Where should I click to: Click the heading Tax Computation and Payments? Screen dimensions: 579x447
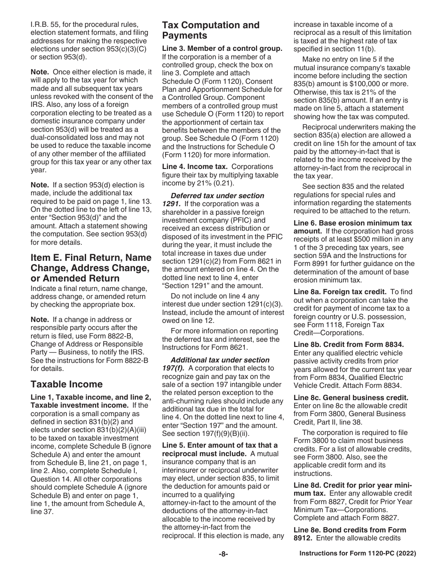[x=210, y=30]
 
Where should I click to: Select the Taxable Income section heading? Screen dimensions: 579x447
[x=66, y=384]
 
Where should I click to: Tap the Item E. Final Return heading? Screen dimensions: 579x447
[x=91, y=268]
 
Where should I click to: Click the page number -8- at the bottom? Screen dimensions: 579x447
[x=223, y=554]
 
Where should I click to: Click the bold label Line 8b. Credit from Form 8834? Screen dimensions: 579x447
[x=349, y=344]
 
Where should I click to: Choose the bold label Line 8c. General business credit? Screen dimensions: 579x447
[x=351, y=397]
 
